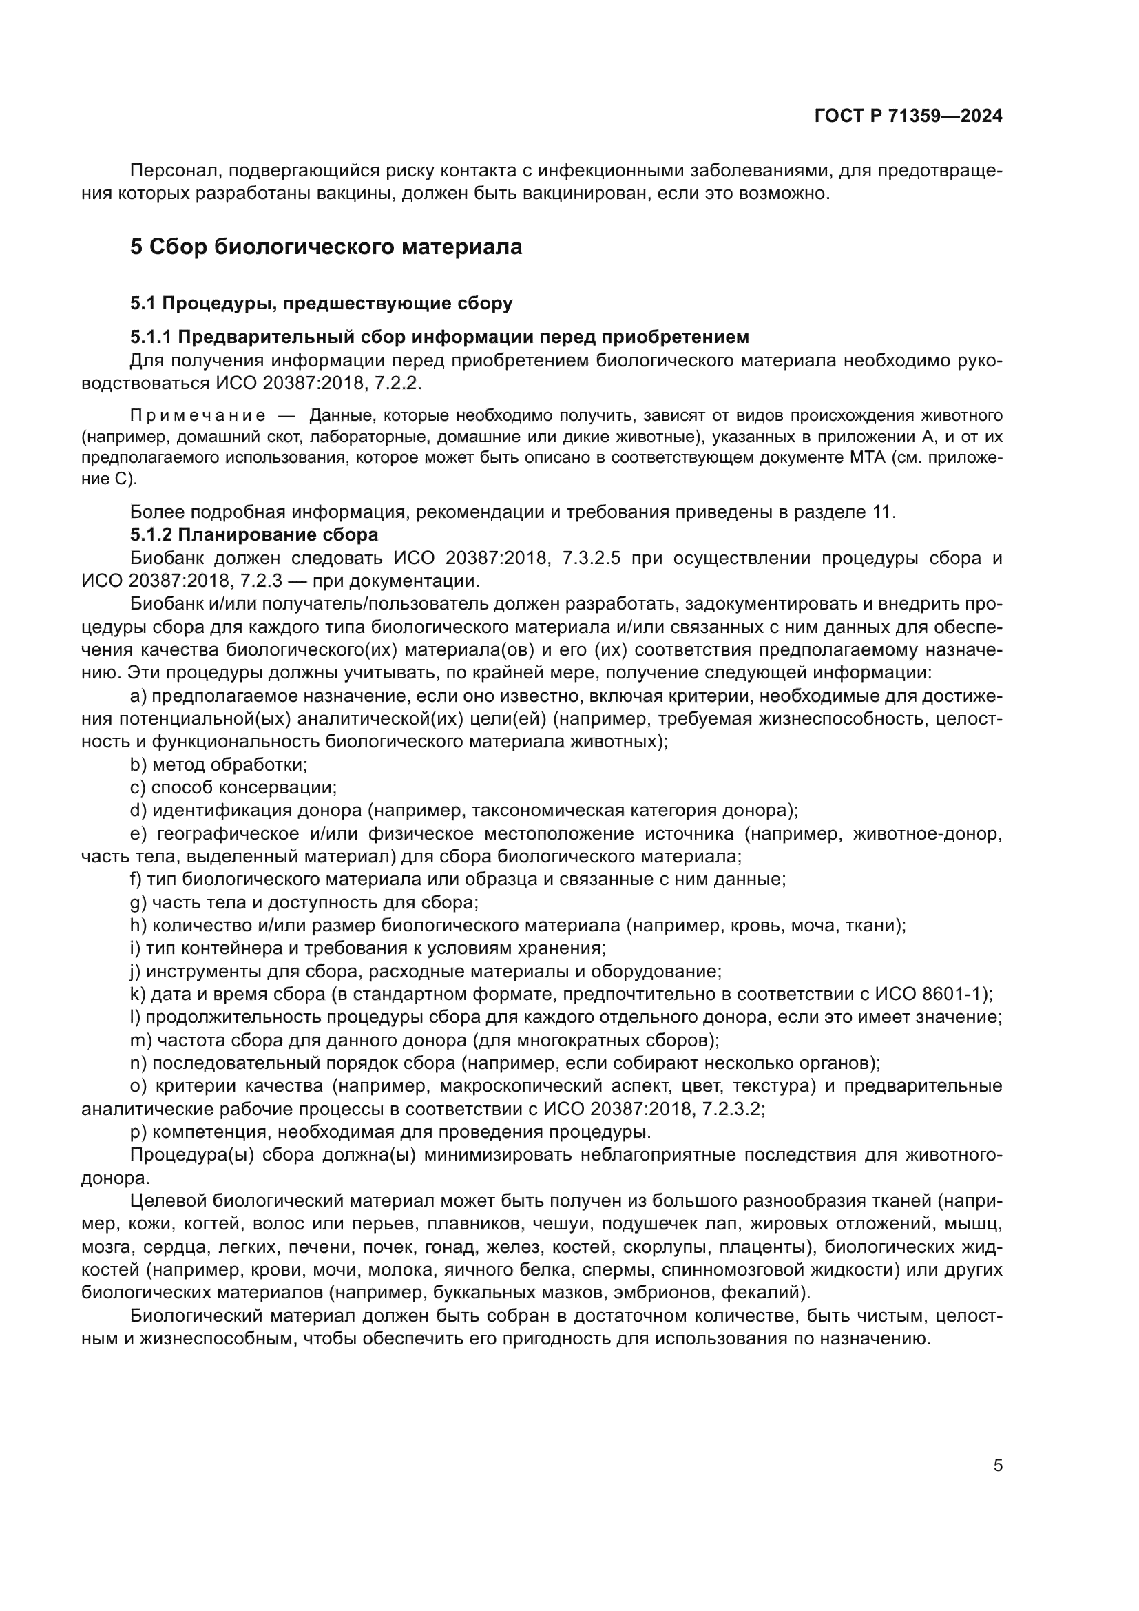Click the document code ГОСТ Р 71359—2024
point(908,116)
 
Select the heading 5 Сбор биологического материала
point(326,247)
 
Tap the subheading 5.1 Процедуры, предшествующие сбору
point(321,303)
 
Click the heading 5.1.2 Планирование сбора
point(254,534)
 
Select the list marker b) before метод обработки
point(138,765)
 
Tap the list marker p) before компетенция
point(138,1132)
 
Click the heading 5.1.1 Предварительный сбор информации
point(439,337)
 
